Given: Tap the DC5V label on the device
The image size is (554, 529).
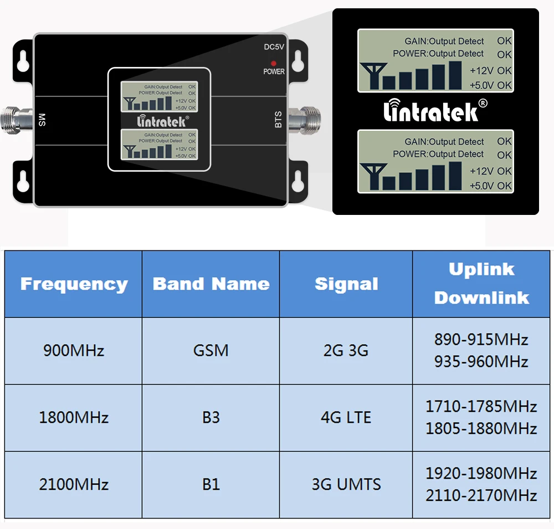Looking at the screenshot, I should [x=274, y=48].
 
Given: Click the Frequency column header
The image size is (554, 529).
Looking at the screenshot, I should [x=74, y=284].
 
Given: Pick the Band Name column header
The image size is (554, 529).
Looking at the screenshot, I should [x=211, y=284].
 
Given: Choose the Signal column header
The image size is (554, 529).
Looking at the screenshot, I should [x=346, y=284].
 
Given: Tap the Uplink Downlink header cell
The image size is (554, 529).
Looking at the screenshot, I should [x=481, y=284].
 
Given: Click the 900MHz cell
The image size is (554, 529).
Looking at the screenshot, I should [x=74, y=351].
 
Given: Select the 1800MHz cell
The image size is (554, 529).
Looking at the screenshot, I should [x=74, y=418].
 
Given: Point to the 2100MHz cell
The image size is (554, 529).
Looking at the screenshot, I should [x=74, y=485].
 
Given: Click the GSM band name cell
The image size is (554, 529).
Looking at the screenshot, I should [x=211, y=351].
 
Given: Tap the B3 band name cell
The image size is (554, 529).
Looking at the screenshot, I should [x=211, y=418].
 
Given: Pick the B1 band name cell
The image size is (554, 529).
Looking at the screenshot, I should [x=211, y=485].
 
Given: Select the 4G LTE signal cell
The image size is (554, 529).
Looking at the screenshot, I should [x=346, y=418].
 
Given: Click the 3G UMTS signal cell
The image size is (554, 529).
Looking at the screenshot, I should [x=346, y=485].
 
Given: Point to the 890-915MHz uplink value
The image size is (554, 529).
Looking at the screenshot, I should [x=481, y=340].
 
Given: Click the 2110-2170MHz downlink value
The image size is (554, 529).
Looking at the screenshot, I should [x=481, y=495].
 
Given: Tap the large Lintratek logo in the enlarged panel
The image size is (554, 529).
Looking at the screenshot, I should [x=435, y=110].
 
